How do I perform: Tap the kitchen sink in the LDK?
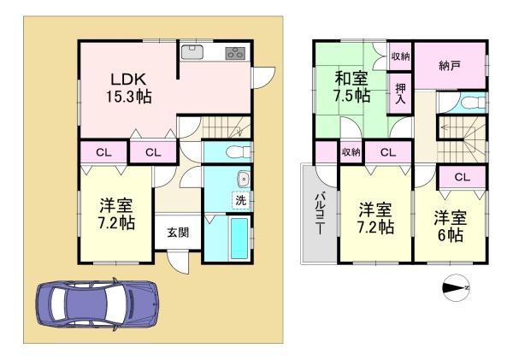click(193, 51)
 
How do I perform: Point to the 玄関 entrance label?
click(178, 232)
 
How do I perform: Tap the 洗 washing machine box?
click(241, 200)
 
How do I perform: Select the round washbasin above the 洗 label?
click(243, 180)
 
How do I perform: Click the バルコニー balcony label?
click(318, 213)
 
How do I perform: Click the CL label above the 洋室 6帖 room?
click(461, 177)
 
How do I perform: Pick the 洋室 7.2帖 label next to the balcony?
click(375, 218)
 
